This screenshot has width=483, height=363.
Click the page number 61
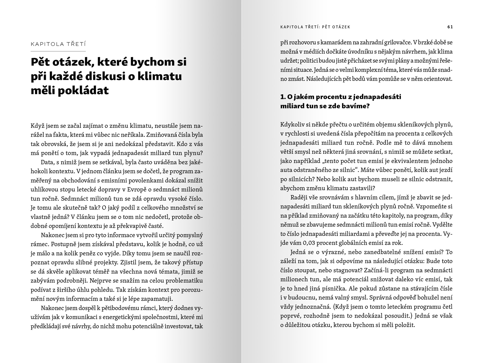pyautogui.click(x=450, y=27)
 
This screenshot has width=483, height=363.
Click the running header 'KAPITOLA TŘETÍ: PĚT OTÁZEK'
pyautogui.click(x=315, y=27)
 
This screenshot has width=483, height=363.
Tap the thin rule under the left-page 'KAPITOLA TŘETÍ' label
pyautogui.click(x=58, y=51)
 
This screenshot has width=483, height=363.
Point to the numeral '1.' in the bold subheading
pyautogui.click(x=283, y=97)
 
